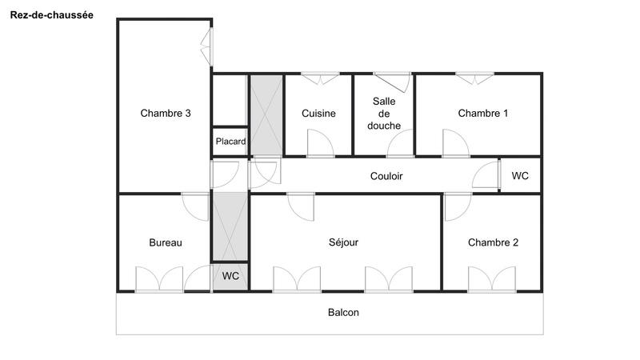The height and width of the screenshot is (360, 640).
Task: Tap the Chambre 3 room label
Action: (x=166, y=114)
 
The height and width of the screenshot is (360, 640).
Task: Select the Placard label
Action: (x=230, y=142)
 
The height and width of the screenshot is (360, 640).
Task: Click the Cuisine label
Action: (x=318, y=114)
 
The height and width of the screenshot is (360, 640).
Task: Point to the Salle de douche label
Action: (x=383, y=114)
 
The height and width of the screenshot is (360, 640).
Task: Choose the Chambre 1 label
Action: (x=482, y=114)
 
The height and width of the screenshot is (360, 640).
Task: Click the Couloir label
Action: (x=386, y=176)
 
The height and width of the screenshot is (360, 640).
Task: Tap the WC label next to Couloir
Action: (x=520, y=176)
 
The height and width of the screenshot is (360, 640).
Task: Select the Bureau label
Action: (x=166, y=242)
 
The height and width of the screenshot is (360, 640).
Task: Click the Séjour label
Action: (x=344, y=242)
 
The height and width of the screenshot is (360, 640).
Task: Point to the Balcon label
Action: (x=343, y=313)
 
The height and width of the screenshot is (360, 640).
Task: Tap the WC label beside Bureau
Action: (x=230, y=276)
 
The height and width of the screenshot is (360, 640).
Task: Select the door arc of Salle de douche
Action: (x=400, y=144)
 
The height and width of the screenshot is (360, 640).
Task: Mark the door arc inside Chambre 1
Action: (x=456, y=144)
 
